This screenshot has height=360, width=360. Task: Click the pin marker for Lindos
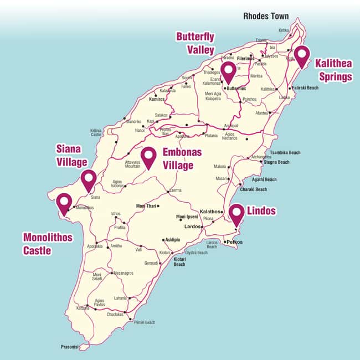point(237,214)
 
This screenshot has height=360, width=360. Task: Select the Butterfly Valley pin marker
point(228,71)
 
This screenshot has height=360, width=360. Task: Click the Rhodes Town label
point(266,16)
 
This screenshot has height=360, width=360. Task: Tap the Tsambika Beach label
point(285,153)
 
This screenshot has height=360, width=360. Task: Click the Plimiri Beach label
point(142,322)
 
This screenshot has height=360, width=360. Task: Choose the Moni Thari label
point(146,206)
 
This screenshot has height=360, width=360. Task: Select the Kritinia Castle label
point(96,133)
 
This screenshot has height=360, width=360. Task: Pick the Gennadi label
point(152,263)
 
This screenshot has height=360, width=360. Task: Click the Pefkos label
point(234,242)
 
